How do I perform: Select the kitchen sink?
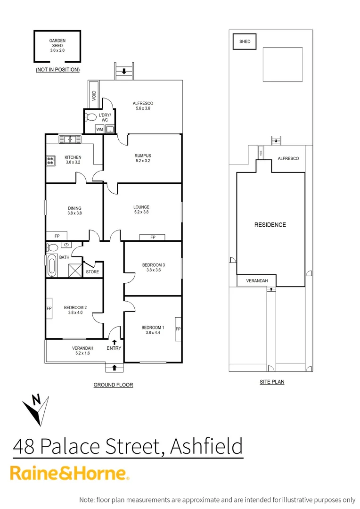tap(70, 139)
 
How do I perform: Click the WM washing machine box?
tap(99, 129)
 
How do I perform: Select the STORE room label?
tap(92, 272)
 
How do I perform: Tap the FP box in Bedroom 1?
tap(178, 328)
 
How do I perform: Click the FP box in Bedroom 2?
tap(49, 309)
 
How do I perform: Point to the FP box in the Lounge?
tap(153, 237)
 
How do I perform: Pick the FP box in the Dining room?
tap(57, 236)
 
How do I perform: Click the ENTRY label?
tap(114, 348)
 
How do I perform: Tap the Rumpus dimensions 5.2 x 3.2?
tap(142, 161)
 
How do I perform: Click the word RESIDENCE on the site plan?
tap(270, 225)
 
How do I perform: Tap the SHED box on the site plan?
tap(245, 41)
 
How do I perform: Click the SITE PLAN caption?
tap(272, 382)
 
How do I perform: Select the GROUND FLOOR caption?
tap(113, 385)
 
